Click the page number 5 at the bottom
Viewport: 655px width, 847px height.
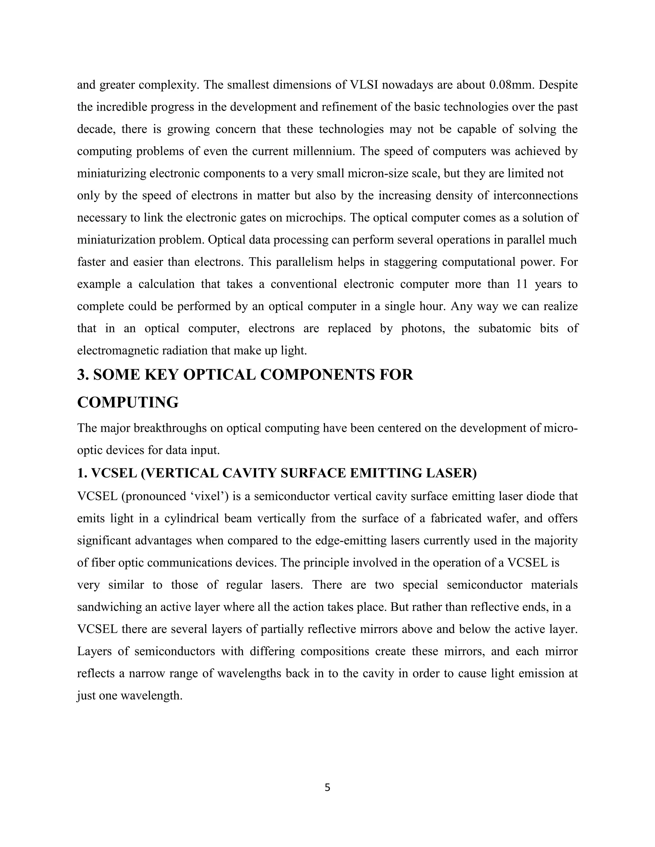(x=327, y=787)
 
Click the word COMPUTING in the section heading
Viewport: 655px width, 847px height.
(x=128, y=402)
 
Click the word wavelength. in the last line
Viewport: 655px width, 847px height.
(x=151, y=695)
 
